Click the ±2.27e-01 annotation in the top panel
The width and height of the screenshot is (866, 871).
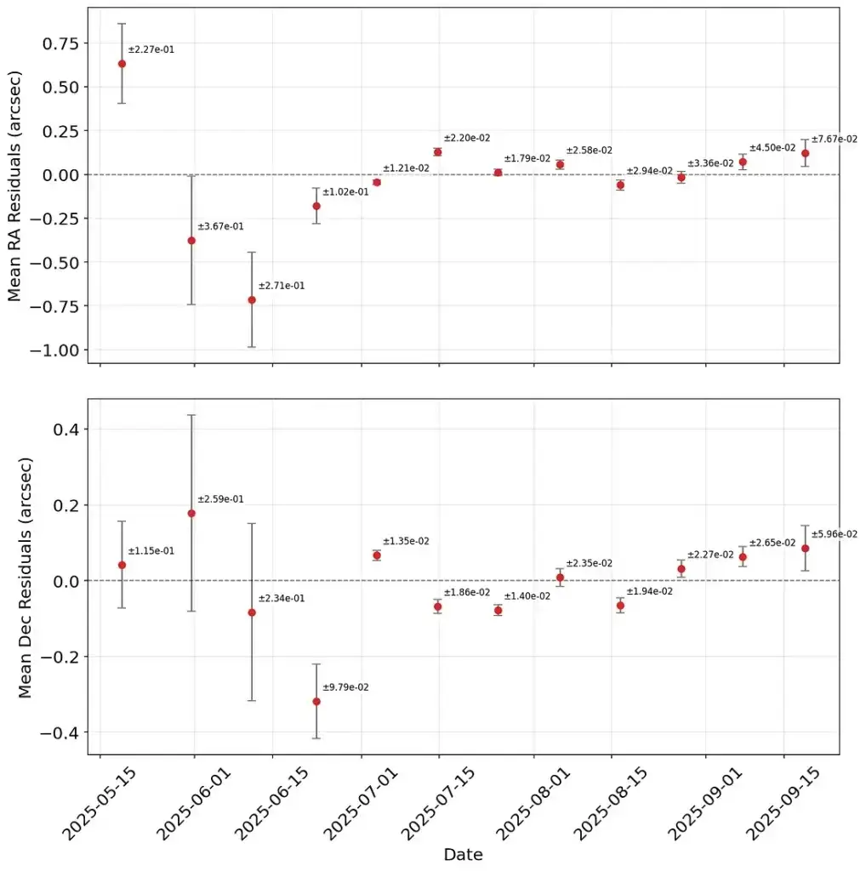pos(151,49)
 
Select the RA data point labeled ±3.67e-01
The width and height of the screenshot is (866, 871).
pos(191,241)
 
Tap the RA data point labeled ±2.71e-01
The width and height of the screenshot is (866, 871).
pos(252,299)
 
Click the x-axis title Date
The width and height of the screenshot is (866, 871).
pos(463,854)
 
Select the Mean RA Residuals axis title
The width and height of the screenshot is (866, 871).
pos(14,185)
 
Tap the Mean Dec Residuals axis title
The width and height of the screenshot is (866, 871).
pos(25,577)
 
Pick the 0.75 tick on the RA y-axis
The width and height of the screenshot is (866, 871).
pos(61,43)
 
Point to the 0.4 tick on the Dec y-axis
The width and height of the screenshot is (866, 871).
pos(68,429)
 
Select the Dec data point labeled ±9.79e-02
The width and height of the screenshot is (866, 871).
pos(316,701)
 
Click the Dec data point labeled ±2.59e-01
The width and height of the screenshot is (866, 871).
pos(191,513)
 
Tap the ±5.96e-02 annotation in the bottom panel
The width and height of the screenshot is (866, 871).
pos(835,534)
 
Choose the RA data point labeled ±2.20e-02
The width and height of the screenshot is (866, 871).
pos(438,151)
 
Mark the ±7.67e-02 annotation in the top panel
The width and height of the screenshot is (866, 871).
pos(835,139)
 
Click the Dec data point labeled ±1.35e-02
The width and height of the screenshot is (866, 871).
pos(377,555)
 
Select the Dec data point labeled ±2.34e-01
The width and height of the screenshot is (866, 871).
pos(252,612)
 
